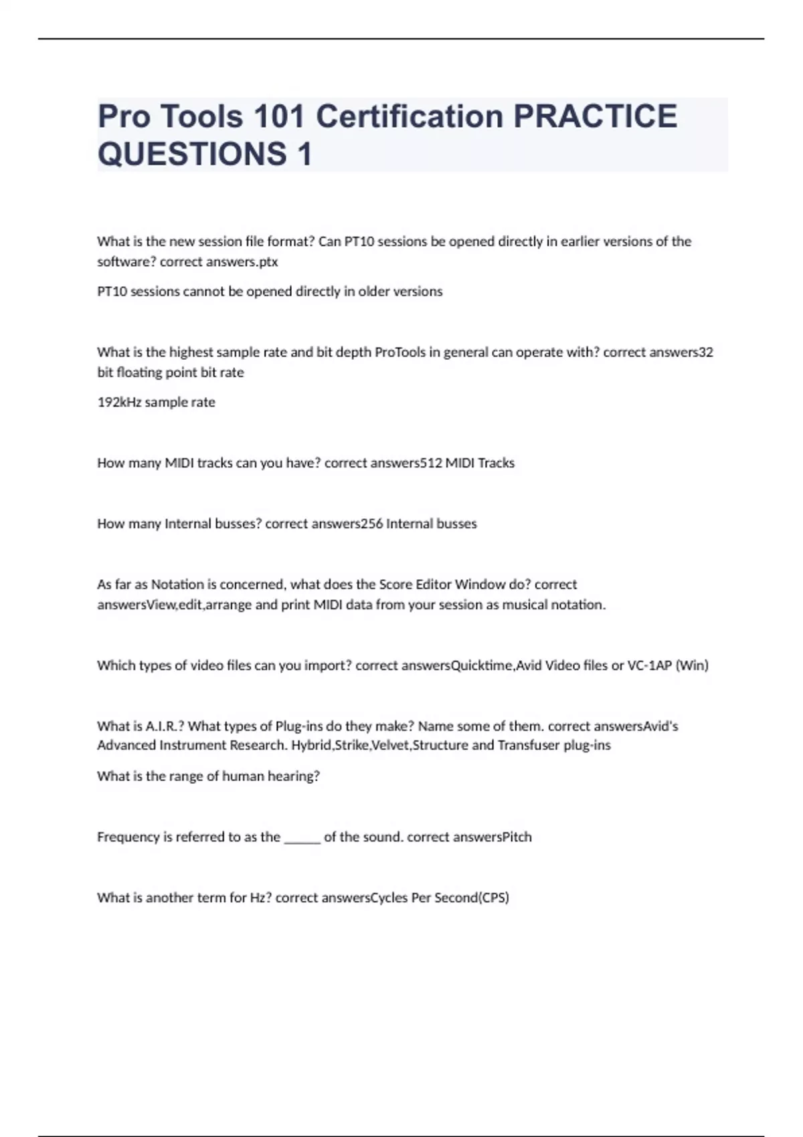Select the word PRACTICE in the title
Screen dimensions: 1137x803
pyautogui.click(x=595, y=116)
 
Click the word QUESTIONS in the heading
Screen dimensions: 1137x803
pyautogui.click(x=192, y=154)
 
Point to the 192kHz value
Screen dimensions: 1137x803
pyautogui.click(x=119, y=402)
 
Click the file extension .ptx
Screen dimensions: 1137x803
pyautogui.click(x=268, y=262)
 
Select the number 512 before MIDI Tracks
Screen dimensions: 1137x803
pyautogui.click(x=431, y=463)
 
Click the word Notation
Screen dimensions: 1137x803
pyautogui.click(x=177, y=585)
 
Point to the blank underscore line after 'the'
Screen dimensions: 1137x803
pyautogui.click(x=302, y=838)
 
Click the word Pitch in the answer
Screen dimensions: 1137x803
pyautogui.click(x=517, y=837)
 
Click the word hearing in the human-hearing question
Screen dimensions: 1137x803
pyautogui.click(x=294, y=777)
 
